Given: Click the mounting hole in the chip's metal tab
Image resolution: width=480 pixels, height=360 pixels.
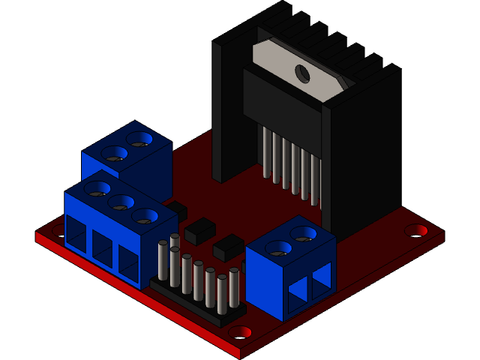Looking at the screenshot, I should [x=302, y=73].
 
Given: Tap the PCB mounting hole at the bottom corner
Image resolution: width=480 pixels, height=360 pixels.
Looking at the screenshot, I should [x=240, y=331].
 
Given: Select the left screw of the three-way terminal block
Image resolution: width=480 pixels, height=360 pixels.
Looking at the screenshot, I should [x=97, y=188].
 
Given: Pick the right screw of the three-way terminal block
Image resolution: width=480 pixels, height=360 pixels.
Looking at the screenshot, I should [x=145, y=216].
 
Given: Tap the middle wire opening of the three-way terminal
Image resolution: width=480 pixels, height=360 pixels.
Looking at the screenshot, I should [x=103, y=245].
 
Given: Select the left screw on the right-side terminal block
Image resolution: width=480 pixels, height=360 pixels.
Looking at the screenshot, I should [x=278, y=248].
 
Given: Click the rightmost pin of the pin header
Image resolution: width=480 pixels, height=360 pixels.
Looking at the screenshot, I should [x=234, y=288].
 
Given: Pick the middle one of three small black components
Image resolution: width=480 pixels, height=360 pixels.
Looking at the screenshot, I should [x=199, y=230].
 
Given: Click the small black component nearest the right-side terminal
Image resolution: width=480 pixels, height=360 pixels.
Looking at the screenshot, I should [x=228, y=247].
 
